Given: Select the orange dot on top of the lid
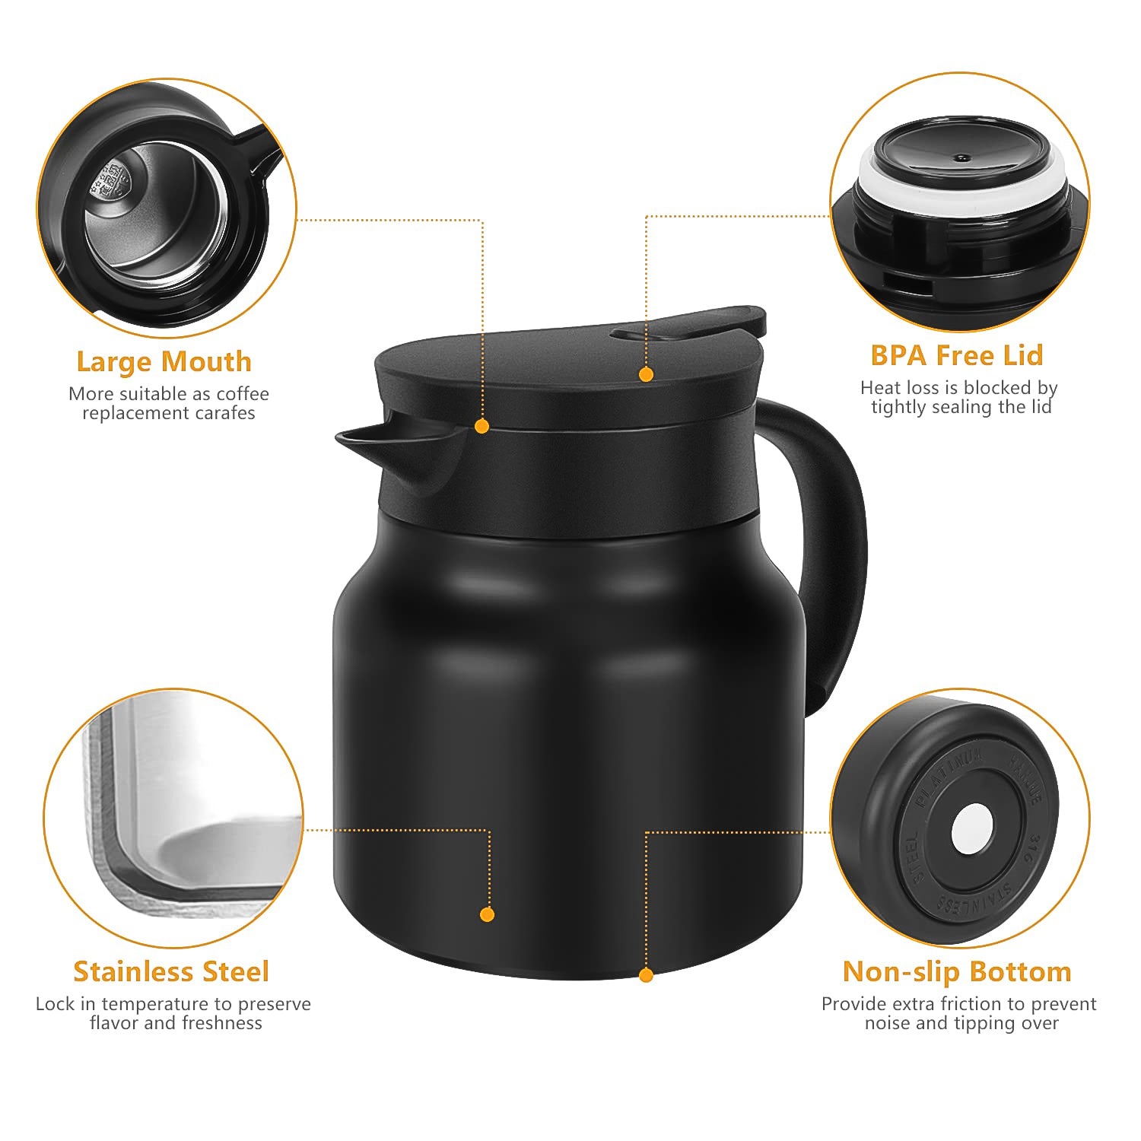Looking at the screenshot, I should tap(646, 374).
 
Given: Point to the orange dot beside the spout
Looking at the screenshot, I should tap(482, 427).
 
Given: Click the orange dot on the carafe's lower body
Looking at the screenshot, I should tap(488, 914).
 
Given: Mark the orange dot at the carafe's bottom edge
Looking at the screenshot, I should tap(646, 975).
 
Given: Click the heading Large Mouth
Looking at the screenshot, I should tap(164, 361).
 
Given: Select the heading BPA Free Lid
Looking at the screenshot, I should tap(956, 355).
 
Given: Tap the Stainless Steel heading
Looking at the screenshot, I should tap(171, 971).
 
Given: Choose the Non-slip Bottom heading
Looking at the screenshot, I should tap(957, 971).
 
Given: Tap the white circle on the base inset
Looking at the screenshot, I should tap(972, 828).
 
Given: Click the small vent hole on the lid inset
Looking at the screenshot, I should tap(962, 158).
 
